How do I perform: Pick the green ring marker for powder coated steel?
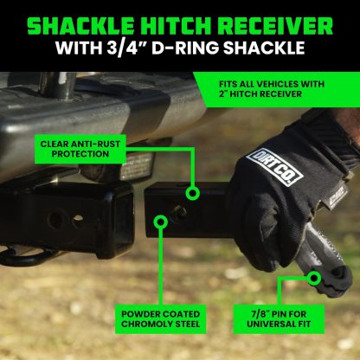coord(159,223)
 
